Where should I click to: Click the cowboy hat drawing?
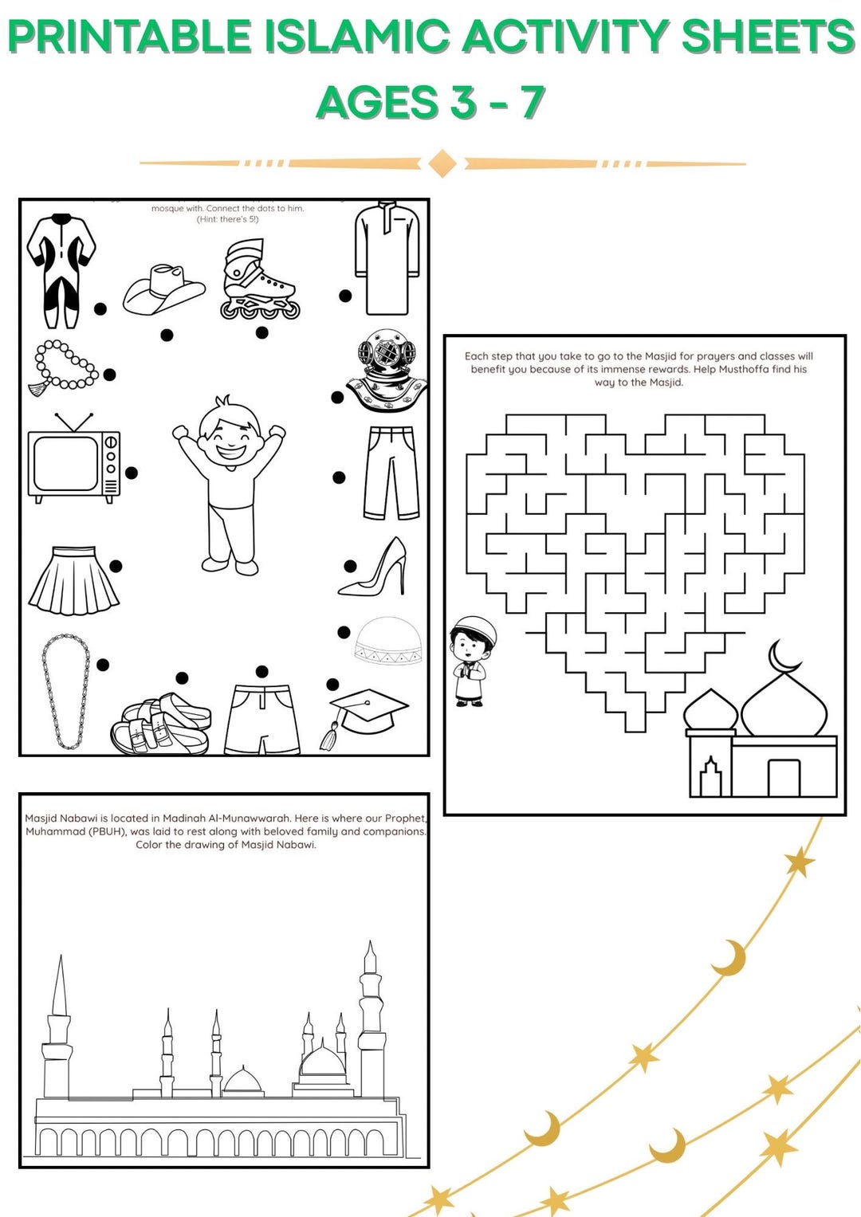[x=163, y=290]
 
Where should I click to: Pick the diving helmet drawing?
[x=387, y=371]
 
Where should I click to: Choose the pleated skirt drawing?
[x=74, y=581]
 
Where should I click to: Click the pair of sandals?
[x=161, y=724]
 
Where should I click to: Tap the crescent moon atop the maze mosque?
[x=784, y=658]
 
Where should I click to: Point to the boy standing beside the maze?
[x=471, y=661]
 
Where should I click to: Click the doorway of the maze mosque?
[x=783, y=778]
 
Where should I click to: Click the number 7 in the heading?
[x=532, y=102]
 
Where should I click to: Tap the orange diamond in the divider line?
[x=442, y=163]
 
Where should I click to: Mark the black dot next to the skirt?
[x=116, y=566]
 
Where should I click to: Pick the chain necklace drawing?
[x=66, y=692]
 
